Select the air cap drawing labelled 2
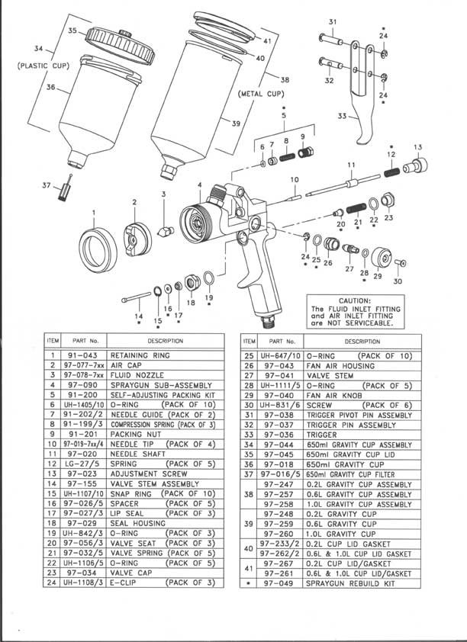tap(135, 233)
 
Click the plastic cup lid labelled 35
tap(112, 40)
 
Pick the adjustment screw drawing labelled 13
tap(418, 164)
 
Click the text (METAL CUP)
tap(260, 94)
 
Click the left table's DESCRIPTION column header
tap(166, 341)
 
